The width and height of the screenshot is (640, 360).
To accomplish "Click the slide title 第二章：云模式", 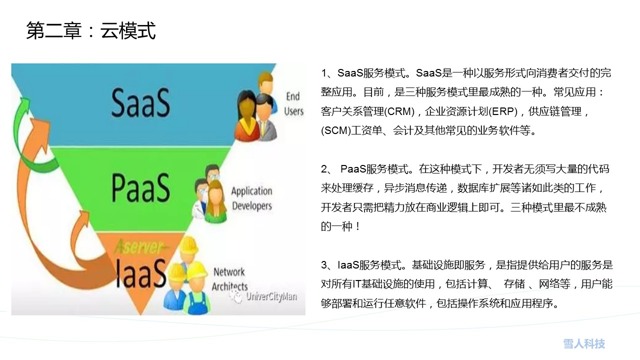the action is [x=91, y=30].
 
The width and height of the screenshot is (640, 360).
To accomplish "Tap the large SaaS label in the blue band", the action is [x=140, y=102].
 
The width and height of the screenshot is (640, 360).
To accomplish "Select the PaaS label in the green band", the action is [x=140, y=187].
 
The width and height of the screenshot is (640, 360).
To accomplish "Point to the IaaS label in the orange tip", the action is [x=141, y=273].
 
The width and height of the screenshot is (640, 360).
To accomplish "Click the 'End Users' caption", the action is [x=293, y=103].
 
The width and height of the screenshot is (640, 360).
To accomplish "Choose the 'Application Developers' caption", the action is [x=251, y=198].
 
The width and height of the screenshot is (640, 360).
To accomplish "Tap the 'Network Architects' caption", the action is [x=229, y=279].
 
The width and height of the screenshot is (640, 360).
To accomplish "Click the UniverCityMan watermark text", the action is [x=271, y=296].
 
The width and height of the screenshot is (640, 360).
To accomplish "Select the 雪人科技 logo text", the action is [x=584, y=343].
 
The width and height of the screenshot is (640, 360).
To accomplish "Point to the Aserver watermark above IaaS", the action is [x=139, y=247].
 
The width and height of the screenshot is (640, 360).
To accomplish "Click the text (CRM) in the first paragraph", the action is [x=399, y=111].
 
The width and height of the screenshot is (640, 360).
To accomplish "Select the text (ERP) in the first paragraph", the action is [x=503, y=111].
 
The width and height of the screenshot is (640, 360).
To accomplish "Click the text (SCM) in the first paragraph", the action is [x=335, y=130].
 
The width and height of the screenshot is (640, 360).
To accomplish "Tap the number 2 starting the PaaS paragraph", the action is [x=324, y=169].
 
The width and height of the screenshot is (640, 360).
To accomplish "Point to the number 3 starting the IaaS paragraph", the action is [x=324, y=265].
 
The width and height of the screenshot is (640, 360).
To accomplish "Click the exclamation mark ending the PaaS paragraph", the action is [x=357, y=226].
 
